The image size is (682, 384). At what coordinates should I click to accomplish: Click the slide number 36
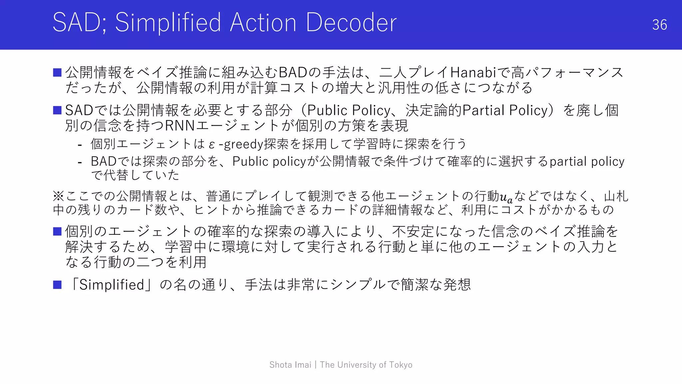point(659,25)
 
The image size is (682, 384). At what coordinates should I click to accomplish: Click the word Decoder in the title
point(351,23)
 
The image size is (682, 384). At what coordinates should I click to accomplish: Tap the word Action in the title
point(263,23)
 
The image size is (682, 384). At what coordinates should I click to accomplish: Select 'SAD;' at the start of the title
point(80,23)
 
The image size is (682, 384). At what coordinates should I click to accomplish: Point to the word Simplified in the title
point(168,23)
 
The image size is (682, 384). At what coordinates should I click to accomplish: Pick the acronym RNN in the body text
point(179,126)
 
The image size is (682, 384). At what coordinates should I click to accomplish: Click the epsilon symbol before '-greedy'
point(212,145)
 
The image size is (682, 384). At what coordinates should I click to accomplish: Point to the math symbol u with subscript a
point(506,197)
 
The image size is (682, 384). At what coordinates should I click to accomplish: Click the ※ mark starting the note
point(58,196)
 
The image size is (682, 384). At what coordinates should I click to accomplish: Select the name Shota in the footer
point(281,365)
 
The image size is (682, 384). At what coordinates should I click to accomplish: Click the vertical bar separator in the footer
point(315,365)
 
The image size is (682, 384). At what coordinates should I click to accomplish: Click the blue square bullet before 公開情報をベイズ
point(57,72)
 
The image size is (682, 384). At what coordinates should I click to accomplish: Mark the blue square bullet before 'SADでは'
point(57,110)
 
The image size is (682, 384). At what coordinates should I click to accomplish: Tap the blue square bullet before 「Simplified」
point(57,285)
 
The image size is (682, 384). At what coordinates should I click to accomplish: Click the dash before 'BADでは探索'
point(80,162)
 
